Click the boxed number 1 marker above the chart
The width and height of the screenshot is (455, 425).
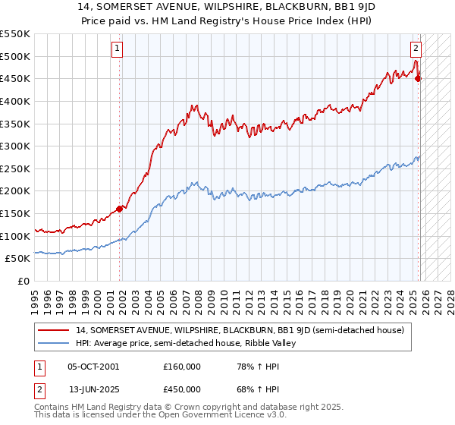point(118,49)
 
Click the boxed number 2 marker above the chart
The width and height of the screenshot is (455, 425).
point(416,49)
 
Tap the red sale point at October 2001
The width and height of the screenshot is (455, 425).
point(120,209)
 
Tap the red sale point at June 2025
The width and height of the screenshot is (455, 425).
point(419,77)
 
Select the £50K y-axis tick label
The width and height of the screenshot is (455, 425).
point(18,259)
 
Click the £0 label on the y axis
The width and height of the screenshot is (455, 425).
point(24,282)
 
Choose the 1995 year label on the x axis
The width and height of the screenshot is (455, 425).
point(34,300)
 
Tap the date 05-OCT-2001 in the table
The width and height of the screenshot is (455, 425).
point(93,366)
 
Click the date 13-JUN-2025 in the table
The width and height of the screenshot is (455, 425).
point(93,390)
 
